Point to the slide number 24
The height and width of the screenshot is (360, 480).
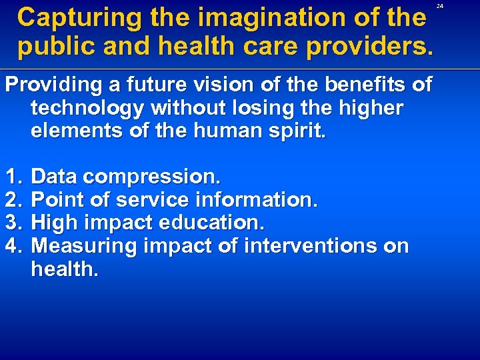pos(440,6)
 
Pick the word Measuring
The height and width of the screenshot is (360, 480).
pos(83,246)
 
